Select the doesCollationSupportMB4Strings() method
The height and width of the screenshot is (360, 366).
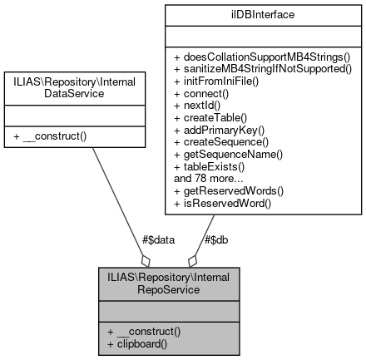click(x=264, y=56)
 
